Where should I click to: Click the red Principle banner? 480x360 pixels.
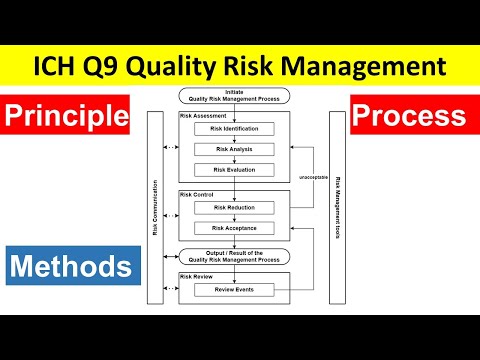(x=67, y=117)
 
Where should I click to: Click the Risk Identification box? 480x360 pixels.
(x=235, y=129)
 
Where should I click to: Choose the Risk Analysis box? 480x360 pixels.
(x=235, y=149)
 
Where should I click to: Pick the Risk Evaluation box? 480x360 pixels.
(x=235, y=169)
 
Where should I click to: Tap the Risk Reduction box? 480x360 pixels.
(x=235, y=208)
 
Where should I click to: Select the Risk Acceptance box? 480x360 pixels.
(x=235, y=228)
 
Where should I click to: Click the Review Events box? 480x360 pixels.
(x=235, y=290)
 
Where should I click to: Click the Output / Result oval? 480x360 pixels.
(x=235, y=256)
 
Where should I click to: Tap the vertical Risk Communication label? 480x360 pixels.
(x=155, y=207)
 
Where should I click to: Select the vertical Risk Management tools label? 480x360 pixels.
(x=338, y=207)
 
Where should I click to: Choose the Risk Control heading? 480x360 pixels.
(x=197, y=194)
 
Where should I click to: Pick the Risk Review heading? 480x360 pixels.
(x=197, y=275)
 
